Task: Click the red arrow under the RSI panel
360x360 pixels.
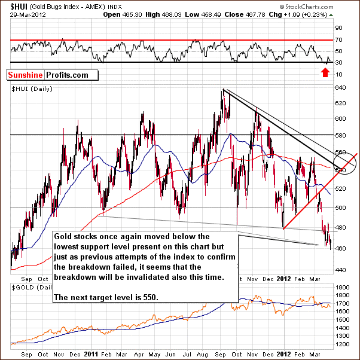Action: tap(325, 73)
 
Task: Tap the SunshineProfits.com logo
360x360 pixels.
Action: tap(47, 75)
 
